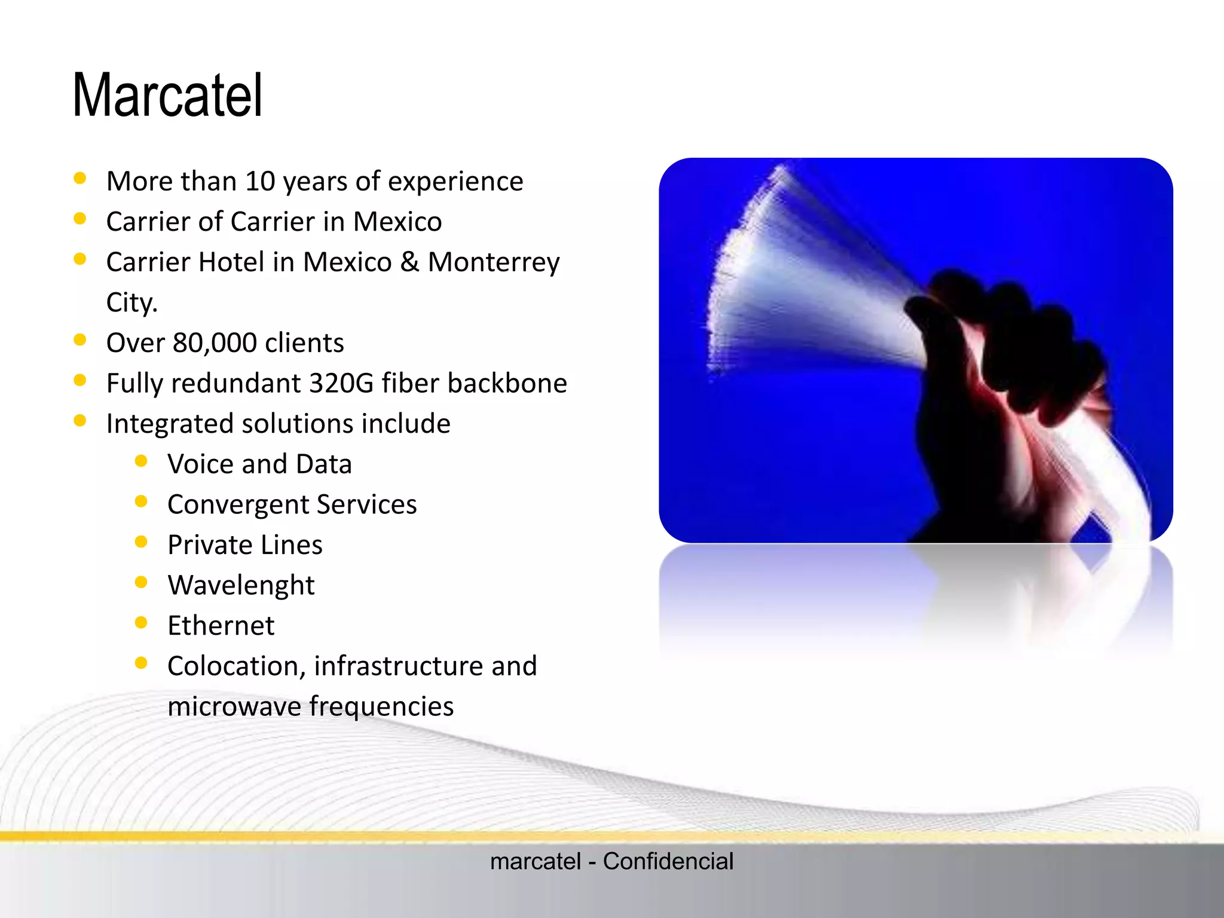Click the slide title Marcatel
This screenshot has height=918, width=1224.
click(167, 96)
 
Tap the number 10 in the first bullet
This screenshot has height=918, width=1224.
click(260, 181)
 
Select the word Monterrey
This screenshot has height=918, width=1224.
click(494, 262)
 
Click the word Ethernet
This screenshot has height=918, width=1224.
click(221, 626)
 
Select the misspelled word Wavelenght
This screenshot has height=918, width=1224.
click(241, 585)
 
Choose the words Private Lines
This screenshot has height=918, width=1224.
click(245, 545)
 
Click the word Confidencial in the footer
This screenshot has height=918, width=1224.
click(668, 861)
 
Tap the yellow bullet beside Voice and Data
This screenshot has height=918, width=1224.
click(141, 461)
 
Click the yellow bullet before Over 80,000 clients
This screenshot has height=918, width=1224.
click(79, 340)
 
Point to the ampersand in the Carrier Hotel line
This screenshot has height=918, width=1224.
click(409, 262)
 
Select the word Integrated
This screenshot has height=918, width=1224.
click(170, 424)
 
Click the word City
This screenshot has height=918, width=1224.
click(131, 302)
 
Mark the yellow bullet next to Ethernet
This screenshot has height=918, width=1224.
click(141, 623)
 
